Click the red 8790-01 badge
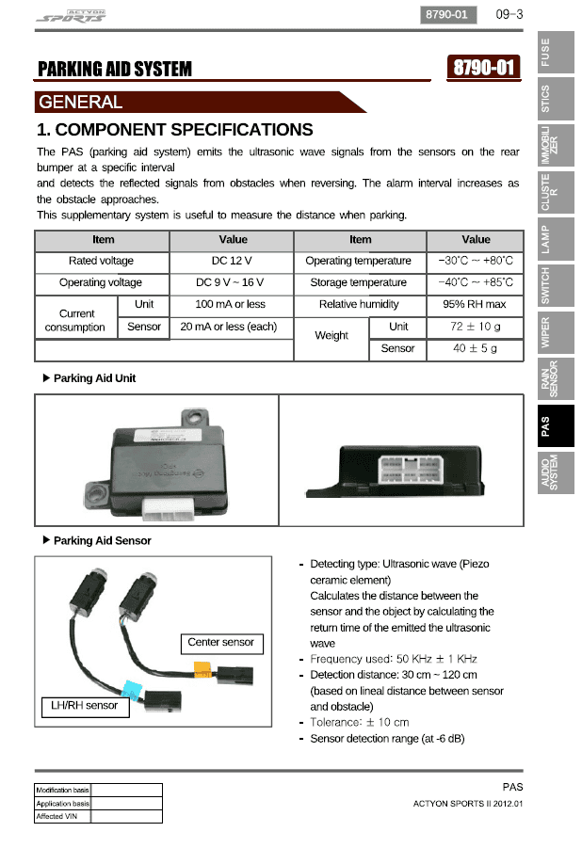pyautogui.click(x=485, y=68)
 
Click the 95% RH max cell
pyautogui.click(x=476, y=304)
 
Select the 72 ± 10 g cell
pyautogui.click(x=476, y=327)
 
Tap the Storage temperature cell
pyautogui.click(x=359, y=282)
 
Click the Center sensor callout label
pyautogui.click(x=221, y=643)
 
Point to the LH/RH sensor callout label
pyautogui.click(x=85, y=705)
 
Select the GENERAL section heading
pyautogui.click(x=80, y=102)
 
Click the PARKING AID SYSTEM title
pyautogui.click(x=114, y=69)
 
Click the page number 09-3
pyautogui.click(x=508, y=14)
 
